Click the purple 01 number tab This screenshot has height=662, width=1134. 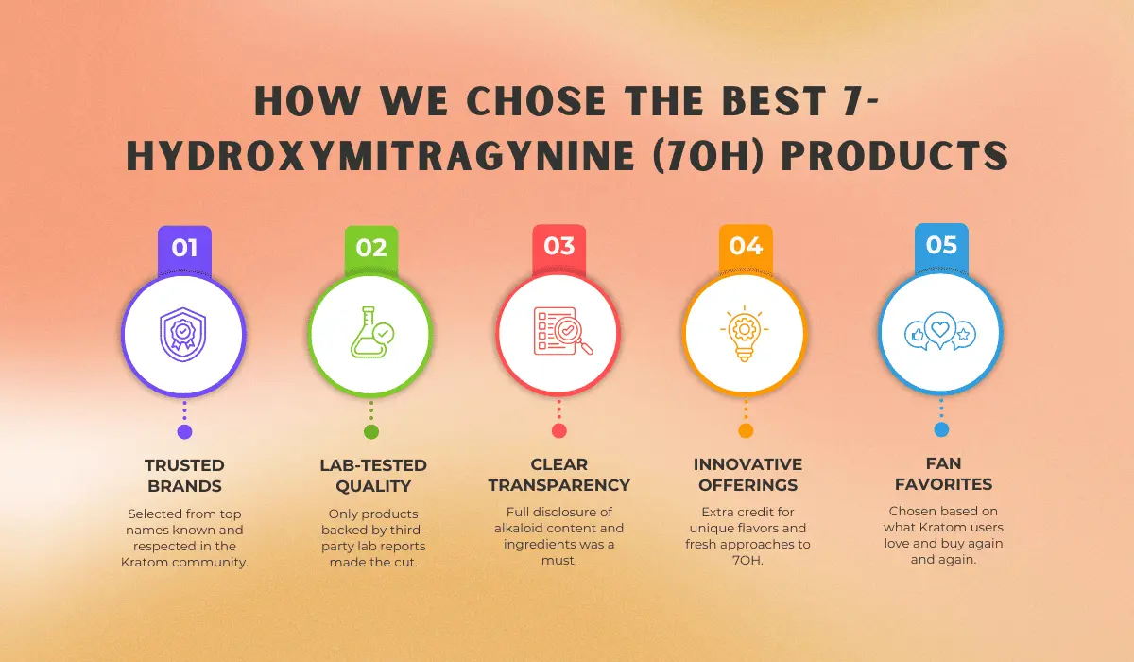coord(185,248)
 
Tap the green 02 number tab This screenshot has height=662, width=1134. coord(371,248)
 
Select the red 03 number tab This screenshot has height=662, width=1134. coord(559,247)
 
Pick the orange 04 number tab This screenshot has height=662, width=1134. coord(746,247)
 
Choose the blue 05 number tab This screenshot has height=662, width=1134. coord(941,246)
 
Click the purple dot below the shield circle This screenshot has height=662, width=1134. coord(185,432)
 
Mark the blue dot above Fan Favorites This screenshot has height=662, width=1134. coord(941,429)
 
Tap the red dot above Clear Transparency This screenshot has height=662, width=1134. coord(559,431)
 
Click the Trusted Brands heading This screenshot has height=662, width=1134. coord(185,476)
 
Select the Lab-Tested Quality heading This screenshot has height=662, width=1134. coord(371,476)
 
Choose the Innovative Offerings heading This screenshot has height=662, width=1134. coord(747,475)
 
